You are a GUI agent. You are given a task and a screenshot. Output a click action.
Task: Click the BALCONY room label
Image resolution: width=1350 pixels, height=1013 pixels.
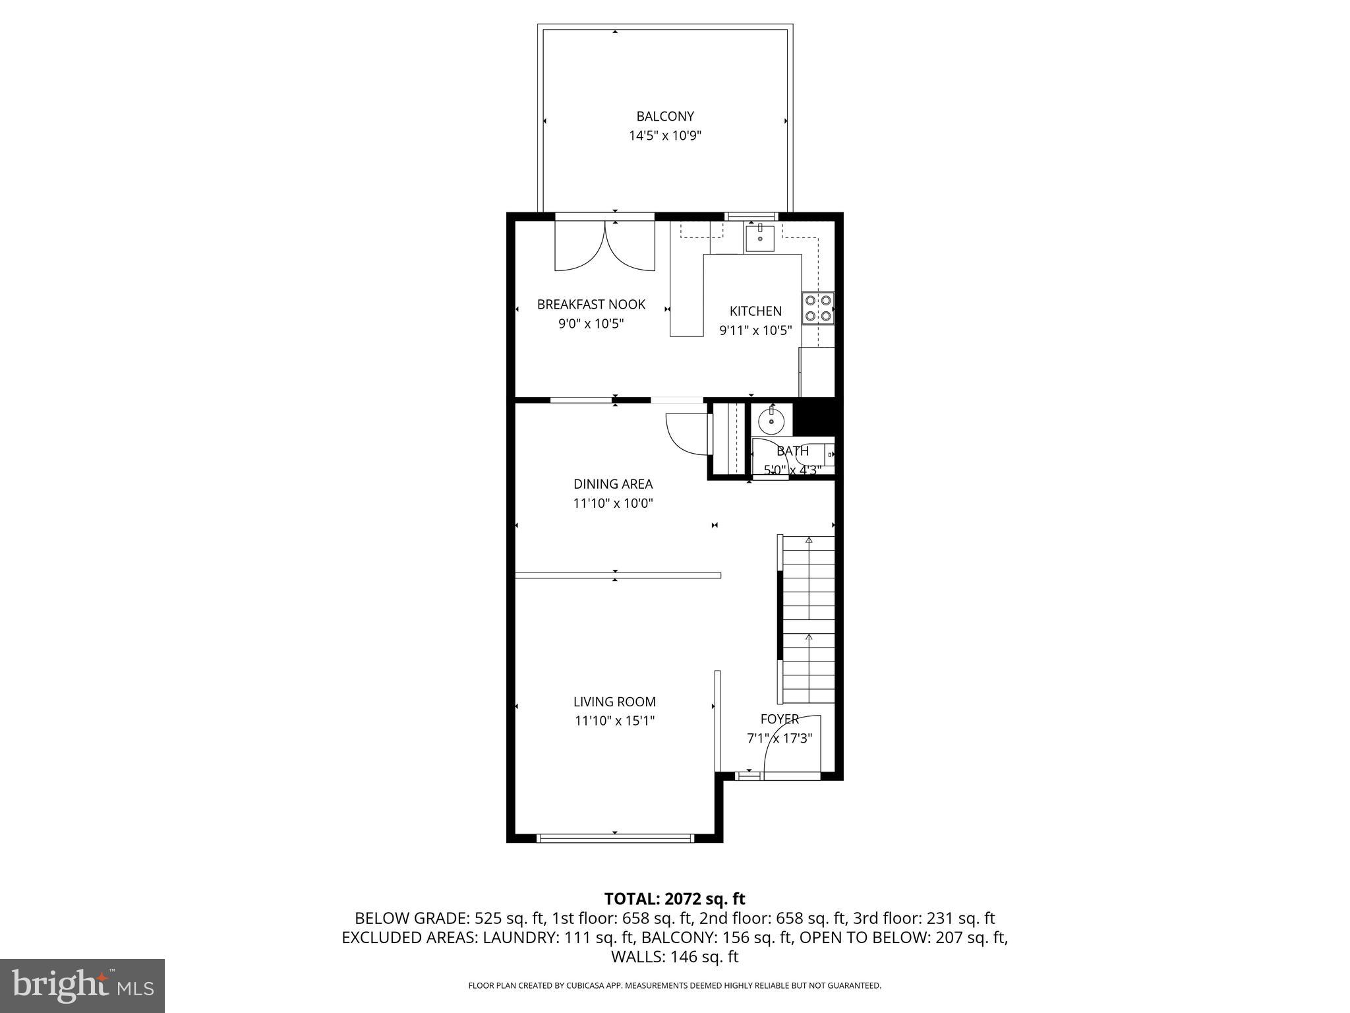[664, 117]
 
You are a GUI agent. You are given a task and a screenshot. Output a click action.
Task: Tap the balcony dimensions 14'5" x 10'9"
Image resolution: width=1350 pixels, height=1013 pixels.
[664, 137]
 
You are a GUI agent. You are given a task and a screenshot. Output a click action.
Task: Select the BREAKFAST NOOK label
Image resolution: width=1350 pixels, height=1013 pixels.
[591, 305]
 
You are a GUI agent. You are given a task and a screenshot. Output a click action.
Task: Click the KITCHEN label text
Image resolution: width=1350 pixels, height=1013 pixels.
[755, 311]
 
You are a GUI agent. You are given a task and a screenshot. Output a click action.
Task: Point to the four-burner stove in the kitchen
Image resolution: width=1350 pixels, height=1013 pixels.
[817, 308]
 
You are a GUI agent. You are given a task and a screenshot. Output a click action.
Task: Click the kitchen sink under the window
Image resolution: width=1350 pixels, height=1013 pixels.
[760, 238]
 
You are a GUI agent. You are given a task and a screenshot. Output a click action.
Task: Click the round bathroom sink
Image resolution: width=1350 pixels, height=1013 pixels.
[771, 420]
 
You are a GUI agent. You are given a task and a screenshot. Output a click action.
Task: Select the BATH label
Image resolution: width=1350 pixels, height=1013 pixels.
[792, 452]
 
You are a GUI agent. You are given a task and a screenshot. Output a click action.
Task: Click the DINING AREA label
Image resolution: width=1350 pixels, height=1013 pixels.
[612, 484]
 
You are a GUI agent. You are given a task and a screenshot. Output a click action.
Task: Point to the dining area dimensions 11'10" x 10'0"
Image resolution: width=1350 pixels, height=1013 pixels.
[612, 504]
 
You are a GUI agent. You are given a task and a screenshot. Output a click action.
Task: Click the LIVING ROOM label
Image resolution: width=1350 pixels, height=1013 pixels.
[614, 702]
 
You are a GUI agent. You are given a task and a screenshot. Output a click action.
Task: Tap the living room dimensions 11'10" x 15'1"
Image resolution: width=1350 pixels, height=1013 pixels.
[614, 721]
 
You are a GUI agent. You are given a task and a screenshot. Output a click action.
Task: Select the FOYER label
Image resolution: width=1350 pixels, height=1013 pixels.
[779, 720]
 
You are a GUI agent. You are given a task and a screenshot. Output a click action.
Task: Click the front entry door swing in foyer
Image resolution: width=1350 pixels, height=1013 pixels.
[791, 745]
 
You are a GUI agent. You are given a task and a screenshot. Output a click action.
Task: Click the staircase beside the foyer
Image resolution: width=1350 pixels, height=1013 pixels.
[808, 620]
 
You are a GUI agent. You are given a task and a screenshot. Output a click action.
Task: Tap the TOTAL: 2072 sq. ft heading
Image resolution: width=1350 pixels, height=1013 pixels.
[674, 899]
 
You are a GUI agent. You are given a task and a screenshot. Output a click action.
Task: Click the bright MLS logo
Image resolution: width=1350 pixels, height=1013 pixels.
[82, 985]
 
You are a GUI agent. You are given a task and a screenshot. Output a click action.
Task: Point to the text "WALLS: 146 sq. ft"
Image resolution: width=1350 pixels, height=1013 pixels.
[674, 957]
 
